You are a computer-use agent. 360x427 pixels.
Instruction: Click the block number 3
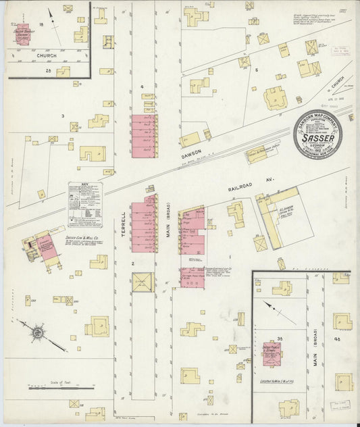pos(63,116)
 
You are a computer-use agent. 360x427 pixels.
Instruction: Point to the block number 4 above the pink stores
pos(142,87)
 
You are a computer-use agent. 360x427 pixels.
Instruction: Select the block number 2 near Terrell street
pos(133,263)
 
